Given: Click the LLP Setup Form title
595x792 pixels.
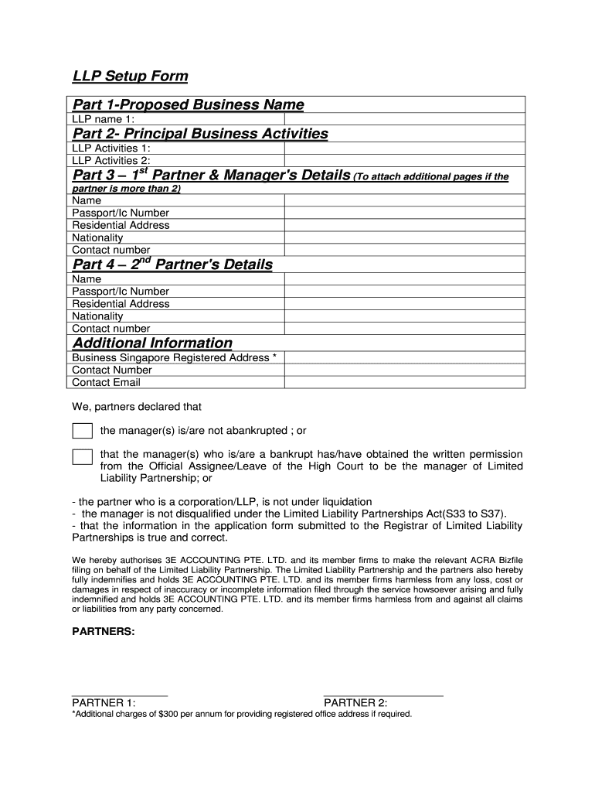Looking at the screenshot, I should [x=130, y=76].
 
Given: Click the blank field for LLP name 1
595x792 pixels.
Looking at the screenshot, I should [x=404, y=119].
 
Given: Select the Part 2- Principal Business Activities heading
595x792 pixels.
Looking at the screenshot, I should [x=200, y=134].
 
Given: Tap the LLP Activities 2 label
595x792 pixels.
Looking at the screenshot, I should [x=111, y=160].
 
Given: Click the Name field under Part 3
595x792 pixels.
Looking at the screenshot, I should [x=404, y=200].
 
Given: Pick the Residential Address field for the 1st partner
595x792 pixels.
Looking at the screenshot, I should [x=404, y=225].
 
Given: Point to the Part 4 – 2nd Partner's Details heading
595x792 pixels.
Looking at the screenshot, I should [x=172, y=265].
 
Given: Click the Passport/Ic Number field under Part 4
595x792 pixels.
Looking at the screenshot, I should [x=404, y=292].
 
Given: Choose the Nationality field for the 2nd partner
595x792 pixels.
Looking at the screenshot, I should [x=404, y=316].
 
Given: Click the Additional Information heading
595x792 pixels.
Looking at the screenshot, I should [x=152, y=343].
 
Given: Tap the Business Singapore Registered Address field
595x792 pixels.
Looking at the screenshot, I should [x=404, y=357].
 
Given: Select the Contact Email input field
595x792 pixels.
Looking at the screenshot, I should [x=404, y=382].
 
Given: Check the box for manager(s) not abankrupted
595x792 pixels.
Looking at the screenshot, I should [x=82, y=431].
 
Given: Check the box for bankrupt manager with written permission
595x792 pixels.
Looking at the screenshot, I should [x=82, y=456].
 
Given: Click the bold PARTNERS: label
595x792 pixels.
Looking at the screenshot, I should [x=103, y=631].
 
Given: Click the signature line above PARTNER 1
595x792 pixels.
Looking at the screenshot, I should [x=119, y=695].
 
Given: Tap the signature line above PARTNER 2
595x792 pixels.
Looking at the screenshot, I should [x=383, y=695].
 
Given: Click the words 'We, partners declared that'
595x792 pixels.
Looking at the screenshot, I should [x=137, y=406].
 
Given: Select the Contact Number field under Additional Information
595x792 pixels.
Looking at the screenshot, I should [x=404, y=370].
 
